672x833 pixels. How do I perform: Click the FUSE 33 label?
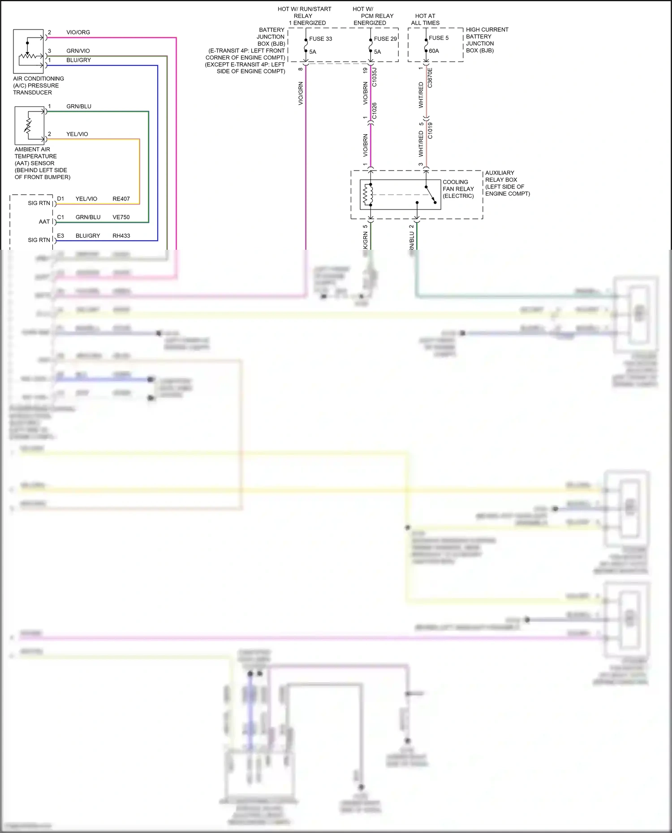point(320,39)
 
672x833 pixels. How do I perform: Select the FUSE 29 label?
point(385,39)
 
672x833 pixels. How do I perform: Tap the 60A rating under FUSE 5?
point(434,51)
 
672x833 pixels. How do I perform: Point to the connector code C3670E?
point(430,77)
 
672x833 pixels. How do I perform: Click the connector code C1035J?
point(375,77)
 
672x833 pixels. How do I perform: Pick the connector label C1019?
point(430,130)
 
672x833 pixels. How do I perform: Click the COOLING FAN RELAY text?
point(458,189)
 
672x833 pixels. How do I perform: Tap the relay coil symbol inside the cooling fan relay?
point(367,195)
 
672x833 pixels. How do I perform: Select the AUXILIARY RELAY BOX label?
point(501,176)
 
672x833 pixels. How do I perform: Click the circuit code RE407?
point(121,199)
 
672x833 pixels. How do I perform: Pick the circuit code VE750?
point(121,217)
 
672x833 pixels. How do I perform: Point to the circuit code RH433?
point(121,236)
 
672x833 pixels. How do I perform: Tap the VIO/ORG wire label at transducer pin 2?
point(78,32)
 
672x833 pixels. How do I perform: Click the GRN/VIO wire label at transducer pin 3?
point(78,51)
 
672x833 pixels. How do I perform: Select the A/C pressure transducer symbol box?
point(28,51)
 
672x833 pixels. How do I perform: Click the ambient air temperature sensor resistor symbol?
point(28,126)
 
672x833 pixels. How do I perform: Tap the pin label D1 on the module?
point(60,199)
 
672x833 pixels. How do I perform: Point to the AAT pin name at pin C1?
point(44,222)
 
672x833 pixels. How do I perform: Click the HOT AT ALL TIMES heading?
point(425,19)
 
